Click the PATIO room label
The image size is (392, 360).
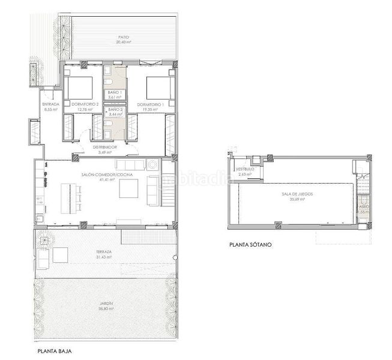(x=124, y=37)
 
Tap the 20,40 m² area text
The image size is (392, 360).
(x=124, y=43)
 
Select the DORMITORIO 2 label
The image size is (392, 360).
(x=84, y=104)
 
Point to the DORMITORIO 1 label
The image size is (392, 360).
(x=150, y=104)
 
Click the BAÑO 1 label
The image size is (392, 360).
(x=115, y=92)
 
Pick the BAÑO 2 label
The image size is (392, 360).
(x=115, y=109)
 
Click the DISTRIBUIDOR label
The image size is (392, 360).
(x=104, y=147)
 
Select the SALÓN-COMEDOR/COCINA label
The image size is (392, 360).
(x=107, y=174)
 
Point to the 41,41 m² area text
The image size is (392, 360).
(x=107, y=179)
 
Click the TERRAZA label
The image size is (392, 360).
(x=104, y=252)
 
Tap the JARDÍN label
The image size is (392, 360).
(x=106, y=304)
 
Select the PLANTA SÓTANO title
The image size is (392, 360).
(x=250, y=245)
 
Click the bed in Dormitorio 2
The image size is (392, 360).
(x=79, y=88)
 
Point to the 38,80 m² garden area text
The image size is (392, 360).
(x=106, y=309)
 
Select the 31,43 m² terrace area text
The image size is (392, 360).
(x=104, y=257)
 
